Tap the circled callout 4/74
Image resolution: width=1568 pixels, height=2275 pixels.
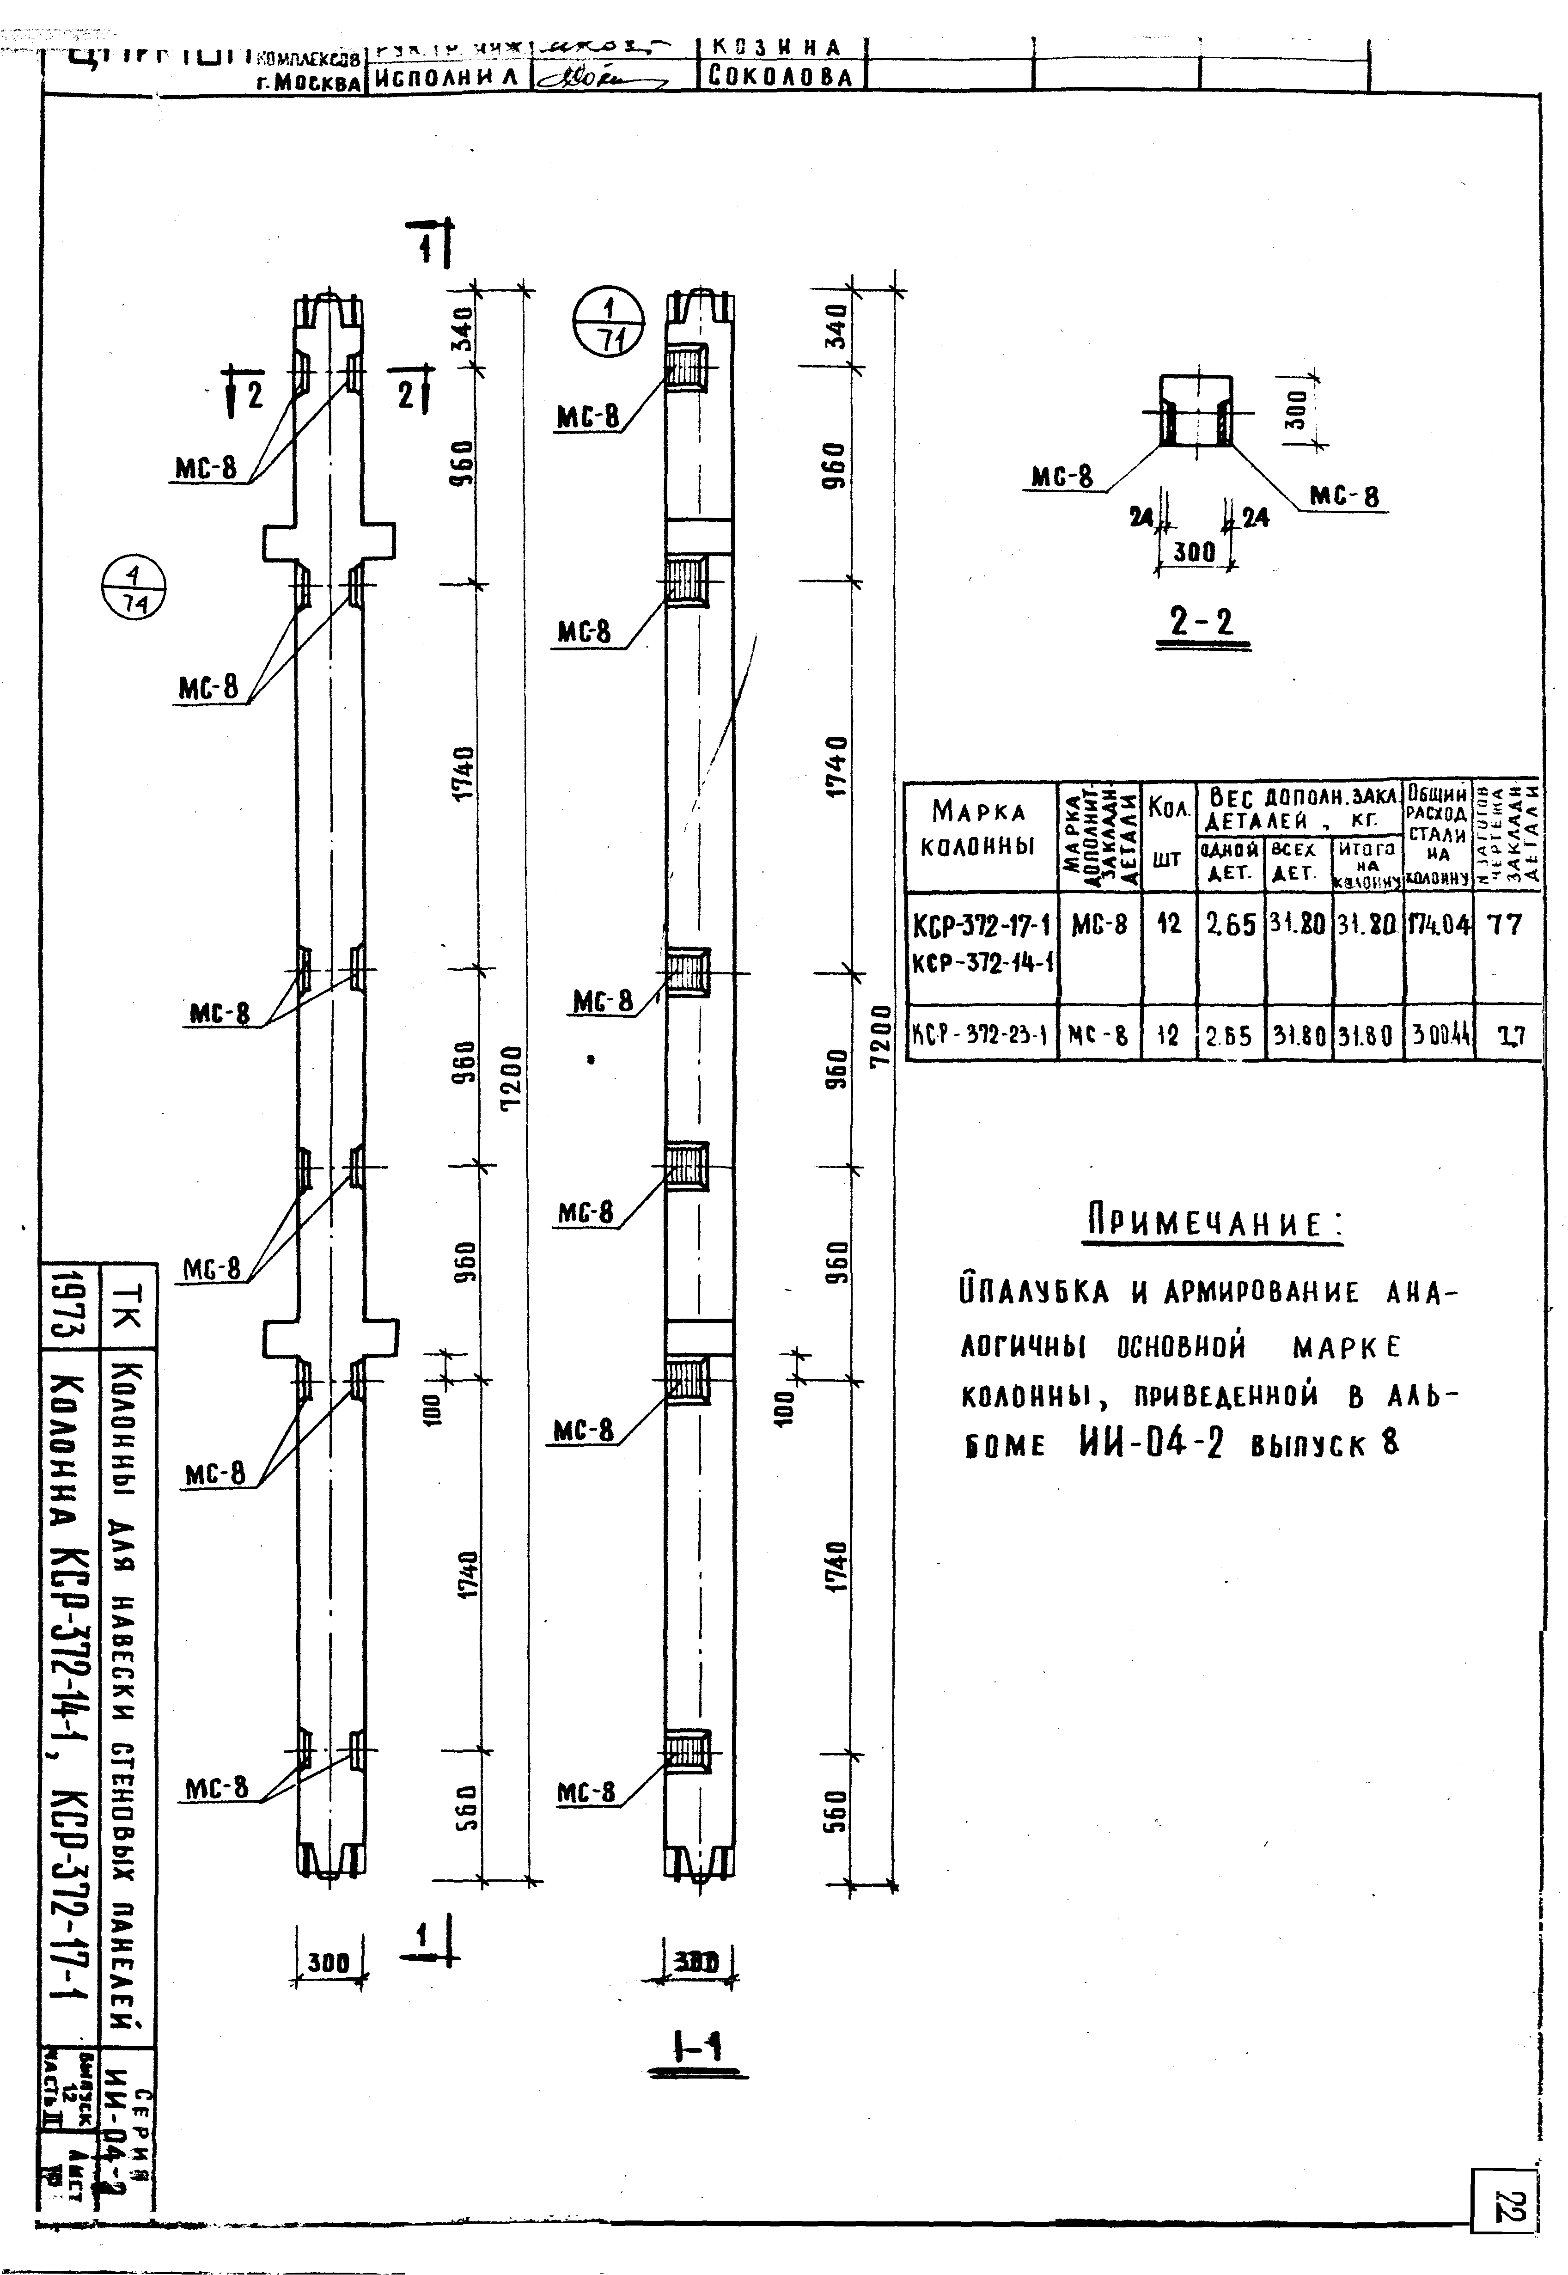click(134, 591)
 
